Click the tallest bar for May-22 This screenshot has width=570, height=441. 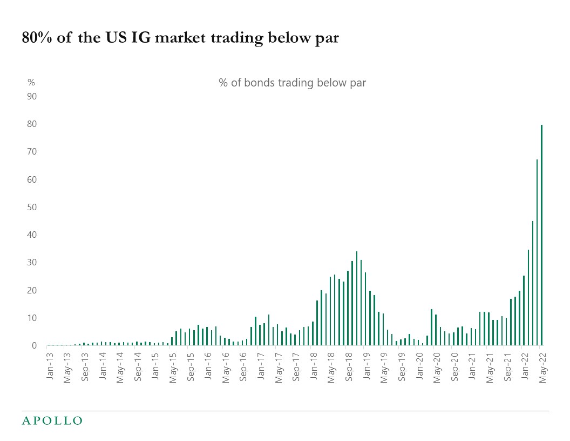tap(541, 235)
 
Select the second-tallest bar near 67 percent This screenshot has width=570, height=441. tap(537, 252)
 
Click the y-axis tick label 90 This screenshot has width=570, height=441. tap(32, 96)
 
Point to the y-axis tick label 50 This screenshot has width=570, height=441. tap(32, 207)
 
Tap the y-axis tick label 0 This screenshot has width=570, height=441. tap(34, 345)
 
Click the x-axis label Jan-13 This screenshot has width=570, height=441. tap(50, 366)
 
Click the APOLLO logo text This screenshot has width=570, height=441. tap(52, 420)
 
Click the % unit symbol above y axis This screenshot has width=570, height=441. tap(31, 83)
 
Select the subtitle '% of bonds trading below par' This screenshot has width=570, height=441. tap(292, 83)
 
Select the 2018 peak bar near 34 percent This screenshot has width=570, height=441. tap(357, 298)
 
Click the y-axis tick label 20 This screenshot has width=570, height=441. tap(32, 290)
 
